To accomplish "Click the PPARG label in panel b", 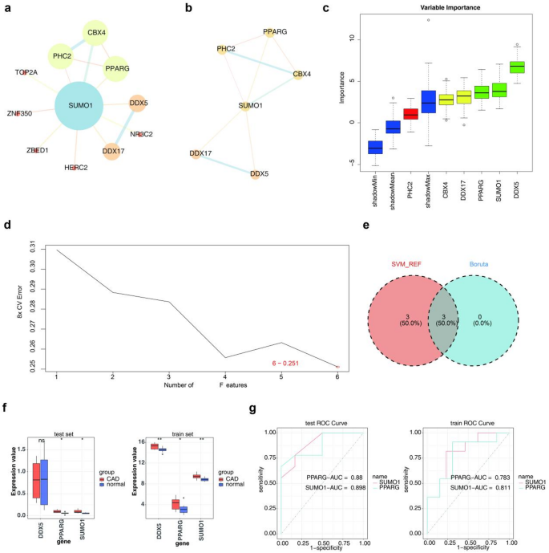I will click(275, 32).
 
